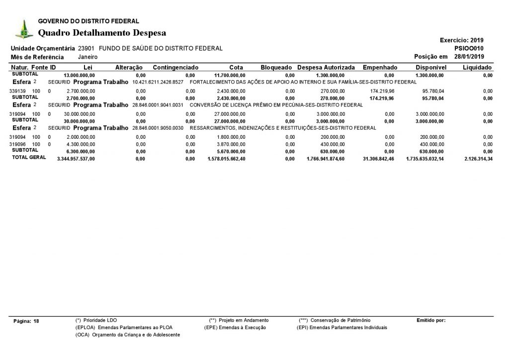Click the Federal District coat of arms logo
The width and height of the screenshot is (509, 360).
21,29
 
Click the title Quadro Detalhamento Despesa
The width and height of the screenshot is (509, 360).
102,33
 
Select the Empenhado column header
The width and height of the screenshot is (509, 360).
380,67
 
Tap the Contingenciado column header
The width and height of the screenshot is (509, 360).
175,67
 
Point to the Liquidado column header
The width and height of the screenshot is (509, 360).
477,67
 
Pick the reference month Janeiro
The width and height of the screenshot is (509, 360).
87,57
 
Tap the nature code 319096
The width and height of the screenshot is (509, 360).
17,144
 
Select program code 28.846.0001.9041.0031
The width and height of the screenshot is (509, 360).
158,105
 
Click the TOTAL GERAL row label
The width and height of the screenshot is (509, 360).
29,157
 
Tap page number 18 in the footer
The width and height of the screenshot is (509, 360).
36,321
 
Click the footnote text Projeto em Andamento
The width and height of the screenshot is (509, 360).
244,320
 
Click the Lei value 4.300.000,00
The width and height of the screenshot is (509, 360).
80,144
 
